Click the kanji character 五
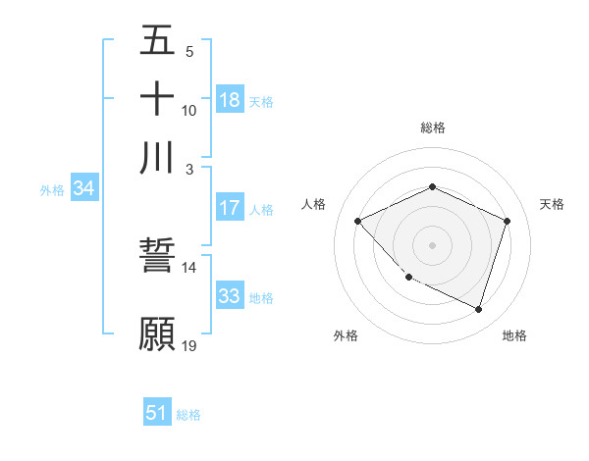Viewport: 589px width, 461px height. pos(157,41)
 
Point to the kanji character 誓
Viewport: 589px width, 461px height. pos(157,257)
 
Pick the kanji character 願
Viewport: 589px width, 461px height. pos(157,333)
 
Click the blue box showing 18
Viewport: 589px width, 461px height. pos(230,100)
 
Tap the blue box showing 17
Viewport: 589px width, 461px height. pos(230,208)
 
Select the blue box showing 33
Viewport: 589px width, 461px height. pos(230,296)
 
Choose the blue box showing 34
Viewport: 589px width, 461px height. pos(83,189)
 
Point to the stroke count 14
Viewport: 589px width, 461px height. pos(188,267)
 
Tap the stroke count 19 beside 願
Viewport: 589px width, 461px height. pos(188,345)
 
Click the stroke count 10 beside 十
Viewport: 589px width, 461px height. pos(188,110)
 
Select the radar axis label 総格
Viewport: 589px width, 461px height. pos(432,128)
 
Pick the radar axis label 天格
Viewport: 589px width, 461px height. pos(552,204)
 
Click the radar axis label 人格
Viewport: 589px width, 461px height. pos(313,204)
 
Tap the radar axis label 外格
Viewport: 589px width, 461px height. pos(346,335)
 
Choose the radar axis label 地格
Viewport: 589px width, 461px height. pos(514,335)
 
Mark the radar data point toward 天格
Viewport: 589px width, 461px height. pos(507,222)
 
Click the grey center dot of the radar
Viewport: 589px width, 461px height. pos(432,245)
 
